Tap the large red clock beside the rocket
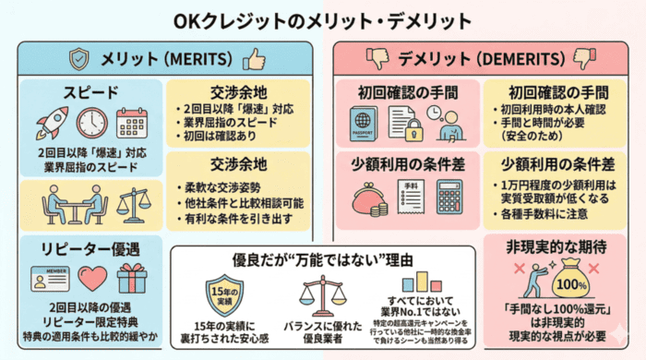tap(92, 124)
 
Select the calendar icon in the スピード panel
tap(133, 124)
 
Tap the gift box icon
tap(133, 278)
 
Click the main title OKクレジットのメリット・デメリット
tap(322, 19)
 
